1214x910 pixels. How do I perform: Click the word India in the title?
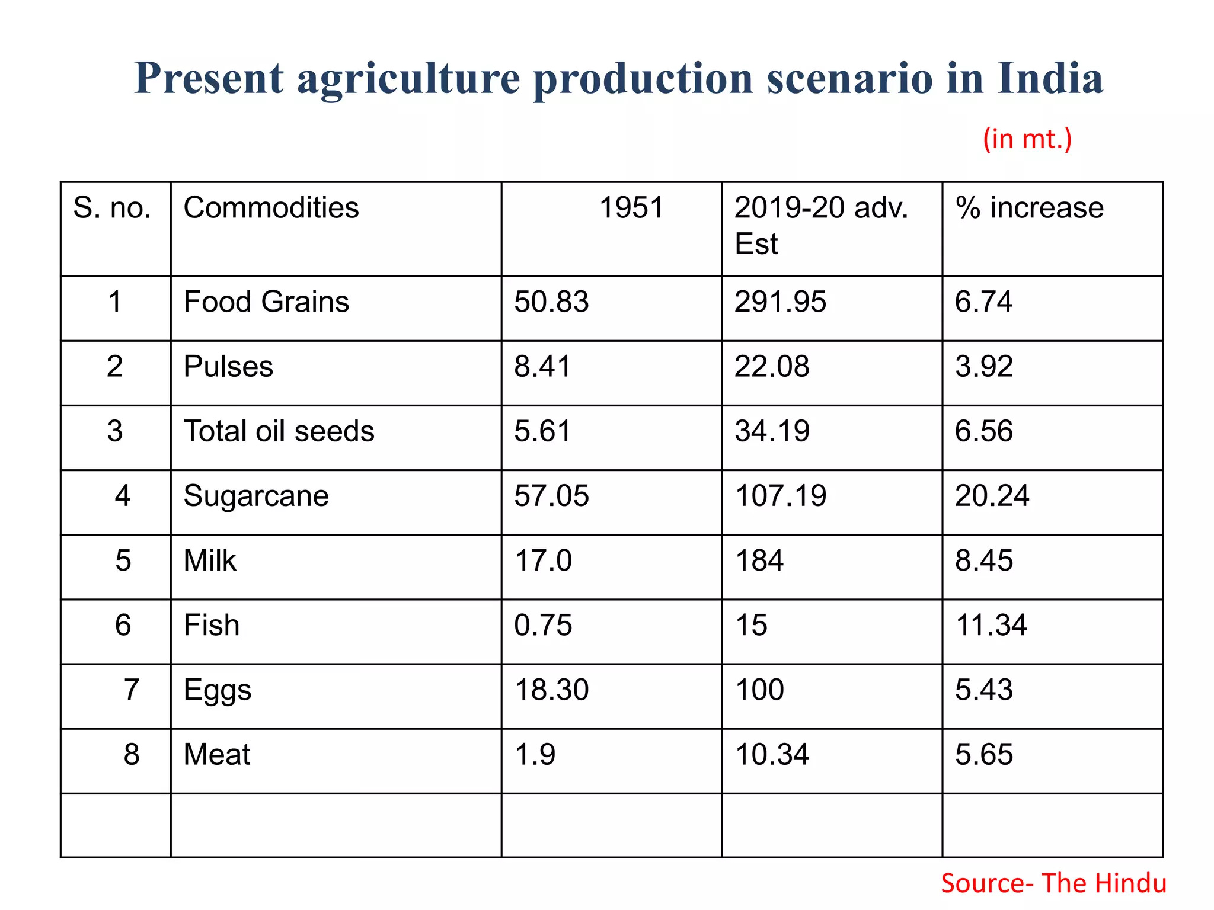[x=1049, y=78]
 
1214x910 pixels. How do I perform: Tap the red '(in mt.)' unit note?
[x=1027, y=139]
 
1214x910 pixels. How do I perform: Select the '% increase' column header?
[x=1029, y=208]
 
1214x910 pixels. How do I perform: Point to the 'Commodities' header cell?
[x=271, y=208]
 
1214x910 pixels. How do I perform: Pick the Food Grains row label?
[x=266, y=302]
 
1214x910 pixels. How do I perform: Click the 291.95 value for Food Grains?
[x=779, y=302]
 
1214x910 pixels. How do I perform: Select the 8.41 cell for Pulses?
[x=542, y=366]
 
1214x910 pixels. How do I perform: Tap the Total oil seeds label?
[x=279, y=431]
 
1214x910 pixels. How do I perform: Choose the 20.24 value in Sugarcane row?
[x=992, y=495]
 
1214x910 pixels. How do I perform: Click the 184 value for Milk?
[x=759, y=560]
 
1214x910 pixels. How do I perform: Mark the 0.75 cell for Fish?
[x=542, y=625]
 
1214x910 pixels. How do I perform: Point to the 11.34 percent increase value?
[x=991, y=625]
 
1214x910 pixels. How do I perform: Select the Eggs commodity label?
[x=217, y=690]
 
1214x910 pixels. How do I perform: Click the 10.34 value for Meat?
[x=771, y=755]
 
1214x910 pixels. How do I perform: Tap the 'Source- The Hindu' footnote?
[x=1053, y=883]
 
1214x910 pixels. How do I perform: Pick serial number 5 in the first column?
[x=123, y=560]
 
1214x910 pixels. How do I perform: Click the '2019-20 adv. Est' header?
[x=820, y=225]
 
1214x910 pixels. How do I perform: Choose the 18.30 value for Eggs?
[x=551, y=690]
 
